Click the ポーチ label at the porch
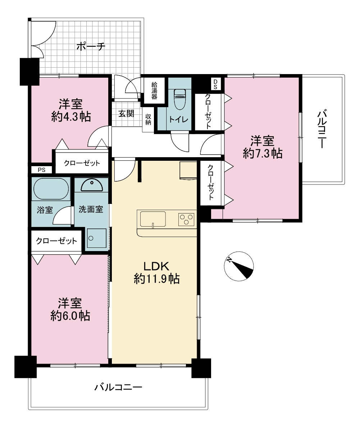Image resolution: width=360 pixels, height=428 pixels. [x=91, y=46]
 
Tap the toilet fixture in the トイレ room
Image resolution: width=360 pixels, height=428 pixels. [x=179, y=99]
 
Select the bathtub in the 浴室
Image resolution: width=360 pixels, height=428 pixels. [x=51, y=188]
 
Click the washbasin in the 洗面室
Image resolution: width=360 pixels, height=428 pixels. [x=92, y=185]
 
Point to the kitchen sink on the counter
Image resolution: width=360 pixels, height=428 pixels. [x=153, y=219]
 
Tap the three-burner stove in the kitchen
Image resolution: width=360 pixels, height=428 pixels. [x=186, y=219]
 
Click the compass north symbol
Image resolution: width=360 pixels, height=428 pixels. [x=239, y=266]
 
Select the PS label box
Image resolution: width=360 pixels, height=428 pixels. [x=41, y=170]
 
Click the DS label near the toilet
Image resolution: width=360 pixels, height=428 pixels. [x=215, y=84]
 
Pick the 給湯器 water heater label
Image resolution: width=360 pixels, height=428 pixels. [x=154, y=90]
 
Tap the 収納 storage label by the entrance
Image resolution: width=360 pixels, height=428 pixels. [x=148, y=119]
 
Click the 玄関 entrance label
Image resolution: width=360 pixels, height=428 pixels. [x=126, y=113]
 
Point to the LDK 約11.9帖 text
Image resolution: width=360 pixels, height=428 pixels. [x=157, y=272]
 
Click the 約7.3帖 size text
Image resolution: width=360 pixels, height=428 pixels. [x=263, y=154]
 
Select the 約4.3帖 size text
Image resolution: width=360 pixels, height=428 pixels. [x=71, y=117]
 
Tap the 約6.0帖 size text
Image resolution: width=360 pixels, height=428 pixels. [x=70, y=316]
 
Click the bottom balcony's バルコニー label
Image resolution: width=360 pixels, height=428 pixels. [x=118, y=387]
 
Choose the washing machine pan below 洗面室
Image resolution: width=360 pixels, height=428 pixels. [x=96, y=238]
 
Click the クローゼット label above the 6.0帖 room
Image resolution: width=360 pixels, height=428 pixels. [x=56, y=241]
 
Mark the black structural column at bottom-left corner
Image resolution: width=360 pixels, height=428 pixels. [x=26, y=367]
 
